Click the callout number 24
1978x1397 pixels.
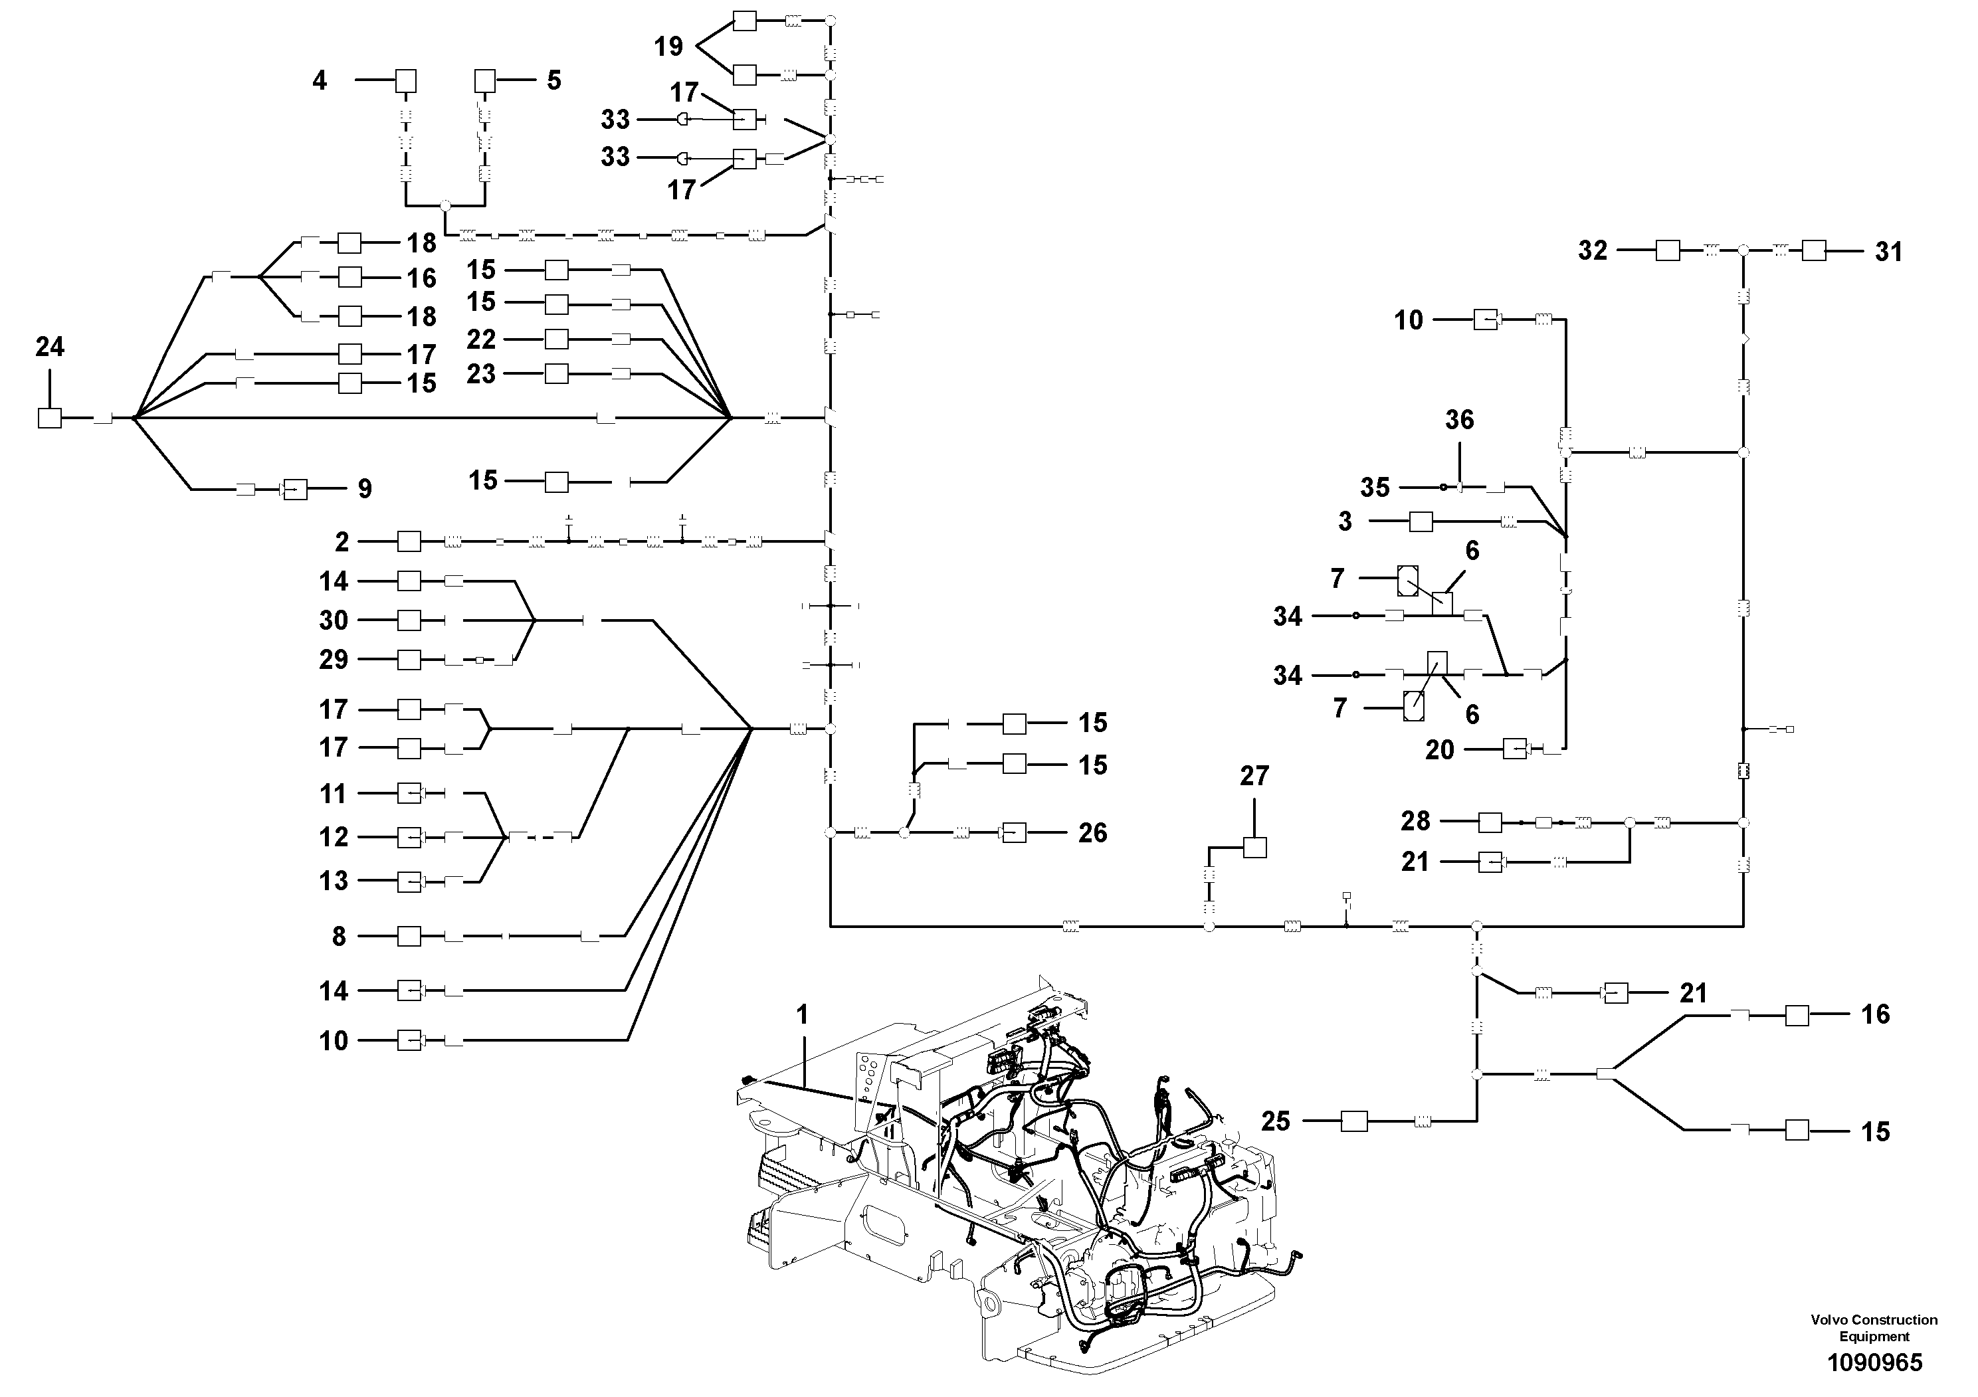pyautogui.click(x=50, y=347)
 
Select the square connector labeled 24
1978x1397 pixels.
pyautogui.click(x=50, y=419)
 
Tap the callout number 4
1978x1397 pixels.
pyautogui.click(x=320, y=81)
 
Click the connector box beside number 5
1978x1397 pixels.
pyautogui.click(x=486, y=81)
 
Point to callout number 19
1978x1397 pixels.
pyautogui.click(x=668, y=47)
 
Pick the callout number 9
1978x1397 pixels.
pyautogui.click(x=365, y=489)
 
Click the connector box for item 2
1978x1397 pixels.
pyautogui.click(x=409, y=542)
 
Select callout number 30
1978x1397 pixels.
pyautogui.click(x=334, y=620)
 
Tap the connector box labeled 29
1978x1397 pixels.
pyautogui.click(x=409, y=660)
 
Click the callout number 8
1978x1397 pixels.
pyautogui.click(x=340, y=936)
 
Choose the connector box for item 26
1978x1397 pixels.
pyautogui.click(x=1015, y=833)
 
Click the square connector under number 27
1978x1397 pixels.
pyautogui.click(x=1255, y=848)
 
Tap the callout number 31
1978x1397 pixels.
pyautogui.click(x=1888, y=252)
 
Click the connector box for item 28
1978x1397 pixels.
pyautogui.click(x=1490, y=822)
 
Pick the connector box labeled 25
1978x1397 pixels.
pyautogui.click(x=1354, y=1121)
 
